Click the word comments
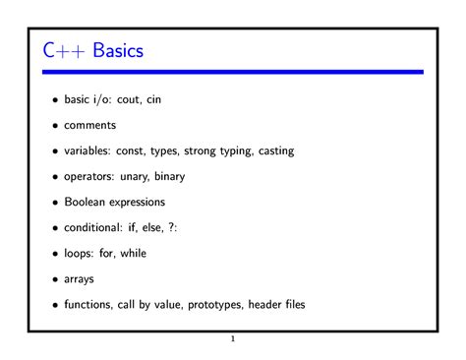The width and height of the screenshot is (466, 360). [90, 126]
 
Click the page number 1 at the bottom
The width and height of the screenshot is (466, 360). [233, 341]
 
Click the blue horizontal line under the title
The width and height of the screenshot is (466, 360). [233, 72]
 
